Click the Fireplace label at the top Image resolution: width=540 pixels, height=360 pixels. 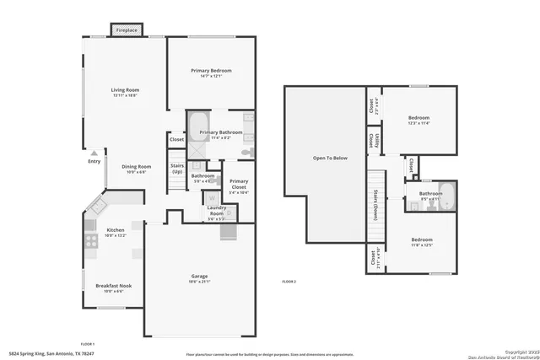coord(127,30)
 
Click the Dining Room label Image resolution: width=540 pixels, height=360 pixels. coord(125,167)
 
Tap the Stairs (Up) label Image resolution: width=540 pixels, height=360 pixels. coord(177,168)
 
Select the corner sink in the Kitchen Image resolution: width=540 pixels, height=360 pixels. coord(98,205)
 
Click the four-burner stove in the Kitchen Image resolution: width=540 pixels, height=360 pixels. coord(90,242)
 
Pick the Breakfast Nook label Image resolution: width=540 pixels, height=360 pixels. coord(112,285)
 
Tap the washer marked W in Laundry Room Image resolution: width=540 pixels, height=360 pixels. coord(211,202)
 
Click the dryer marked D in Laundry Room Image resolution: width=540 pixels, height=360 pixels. coord(223,202)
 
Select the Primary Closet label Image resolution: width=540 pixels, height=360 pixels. coord(240,184)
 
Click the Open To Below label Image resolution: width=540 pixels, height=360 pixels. coord(330,158)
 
